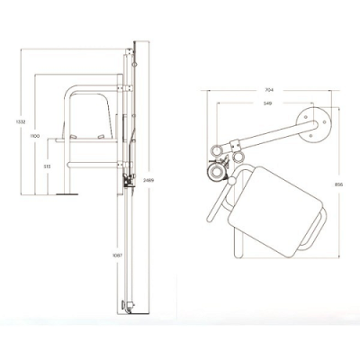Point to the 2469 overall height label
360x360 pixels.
[146, 180]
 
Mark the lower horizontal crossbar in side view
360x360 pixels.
[94, 165]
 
